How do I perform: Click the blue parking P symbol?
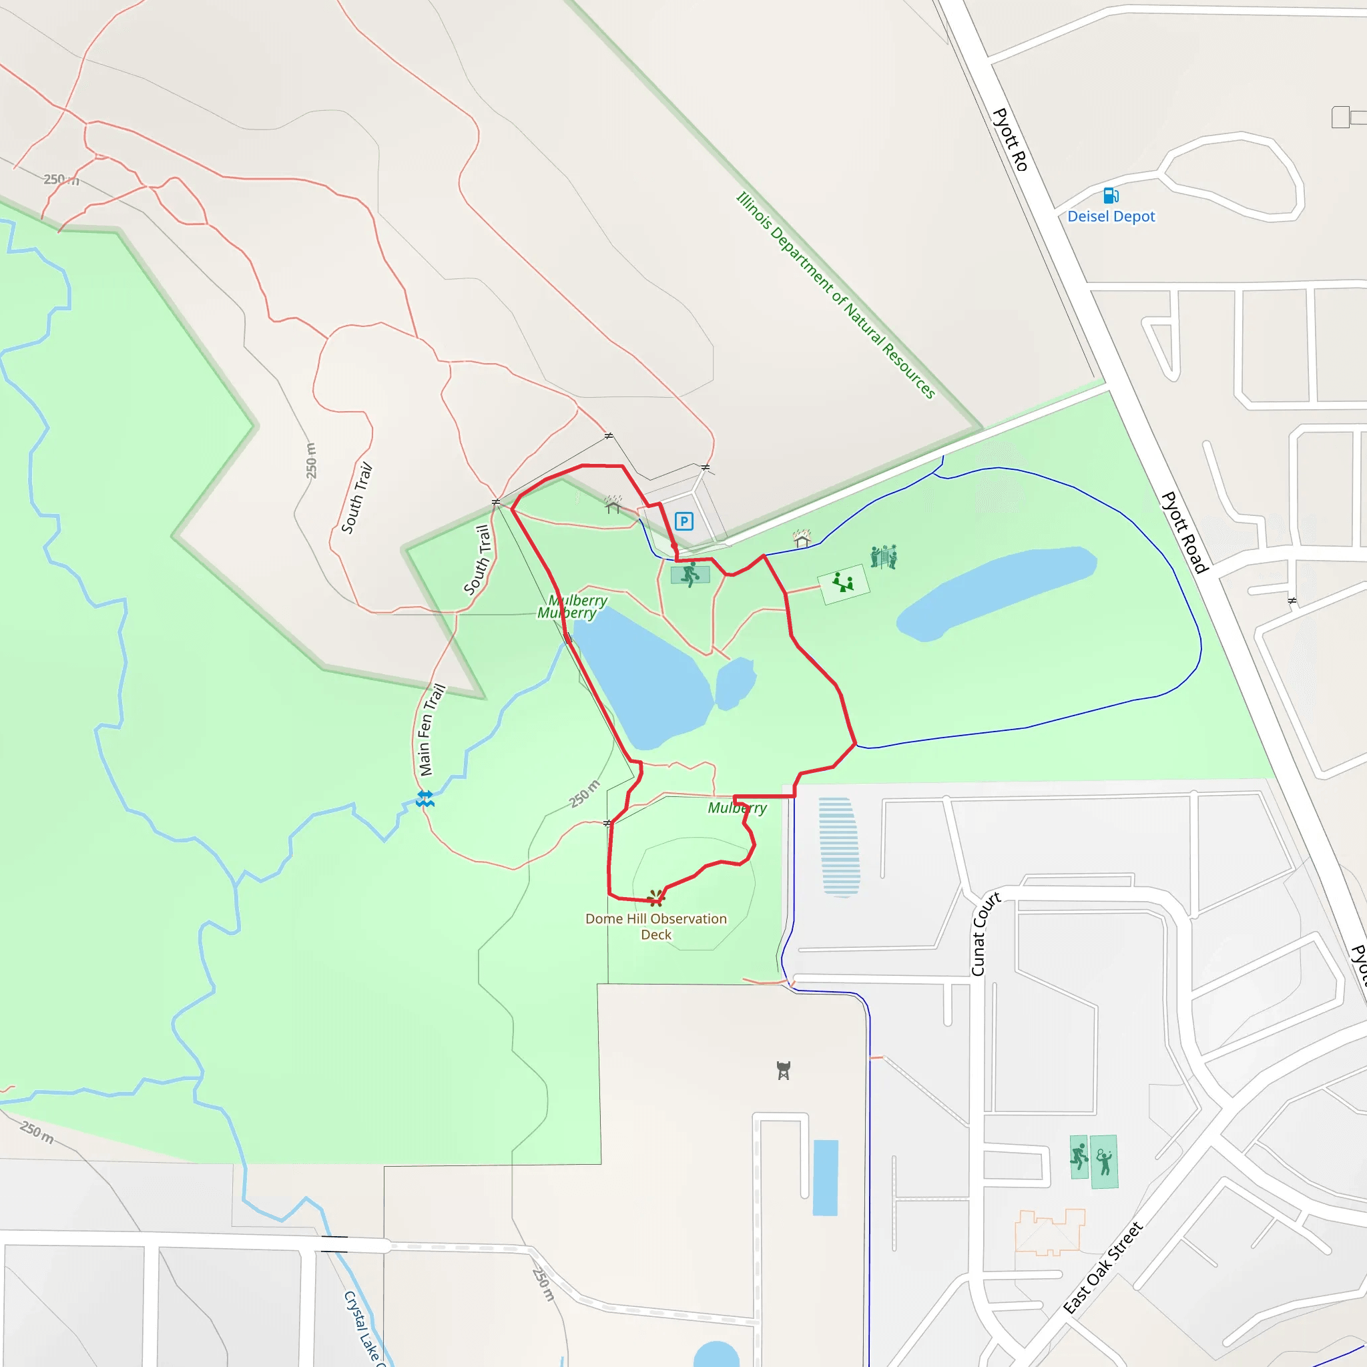(x=683, y=521)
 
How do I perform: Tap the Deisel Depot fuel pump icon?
(x=1111, y=196)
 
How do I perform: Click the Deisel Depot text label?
(x=1111, y=216)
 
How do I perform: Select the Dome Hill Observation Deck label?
(x=656, y=926)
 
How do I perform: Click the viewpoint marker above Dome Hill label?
(x=656, y=898)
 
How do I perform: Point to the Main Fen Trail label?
(x=431, y=730)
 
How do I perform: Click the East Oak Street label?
(x=1103, y=1268)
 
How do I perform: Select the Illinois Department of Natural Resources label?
(x=836, y=295)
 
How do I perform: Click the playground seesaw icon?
(x=843, y=583)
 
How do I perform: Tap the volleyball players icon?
(x=883, y=556)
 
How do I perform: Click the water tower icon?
(x=783, y=1070)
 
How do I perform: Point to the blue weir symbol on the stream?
(x=425, y=800)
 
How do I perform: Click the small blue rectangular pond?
(x=825, y=1177)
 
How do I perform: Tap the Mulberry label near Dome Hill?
(x=737, y=808)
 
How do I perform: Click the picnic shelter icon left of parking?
(x=613, y=505)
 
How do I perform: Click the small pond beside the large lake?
(x=734, y=683)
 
